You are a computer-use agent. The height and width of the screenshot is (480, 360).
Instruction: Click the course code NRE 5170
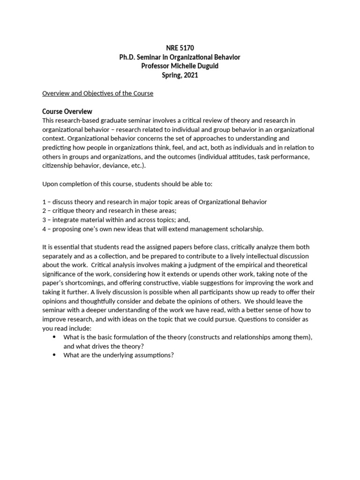point(180,48)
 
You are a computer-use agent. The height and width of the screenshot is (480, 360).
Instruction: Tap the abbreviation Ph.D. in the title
point(127,57)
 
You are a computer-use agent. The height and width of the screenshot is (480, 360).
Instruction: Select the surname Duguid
point(205,66)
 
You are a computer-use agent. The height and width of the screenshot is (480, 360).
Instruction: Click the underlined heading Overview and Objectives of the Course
point(97,93)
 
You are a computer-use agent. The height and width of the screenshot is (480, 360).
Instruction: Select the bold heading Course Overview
point(67,112)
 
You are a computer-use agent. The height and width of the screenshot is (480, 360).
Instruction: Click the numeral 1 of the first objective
point(44,202)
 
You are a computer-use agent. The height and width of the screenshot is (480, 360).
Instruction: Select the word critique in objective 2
point(63,211)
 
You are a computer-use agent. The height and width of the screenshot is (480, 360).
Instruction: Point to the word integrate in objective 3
point(65,220)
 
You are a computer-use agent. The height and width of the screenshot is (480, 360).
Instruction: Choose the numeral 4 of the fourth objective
point(44,229)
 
